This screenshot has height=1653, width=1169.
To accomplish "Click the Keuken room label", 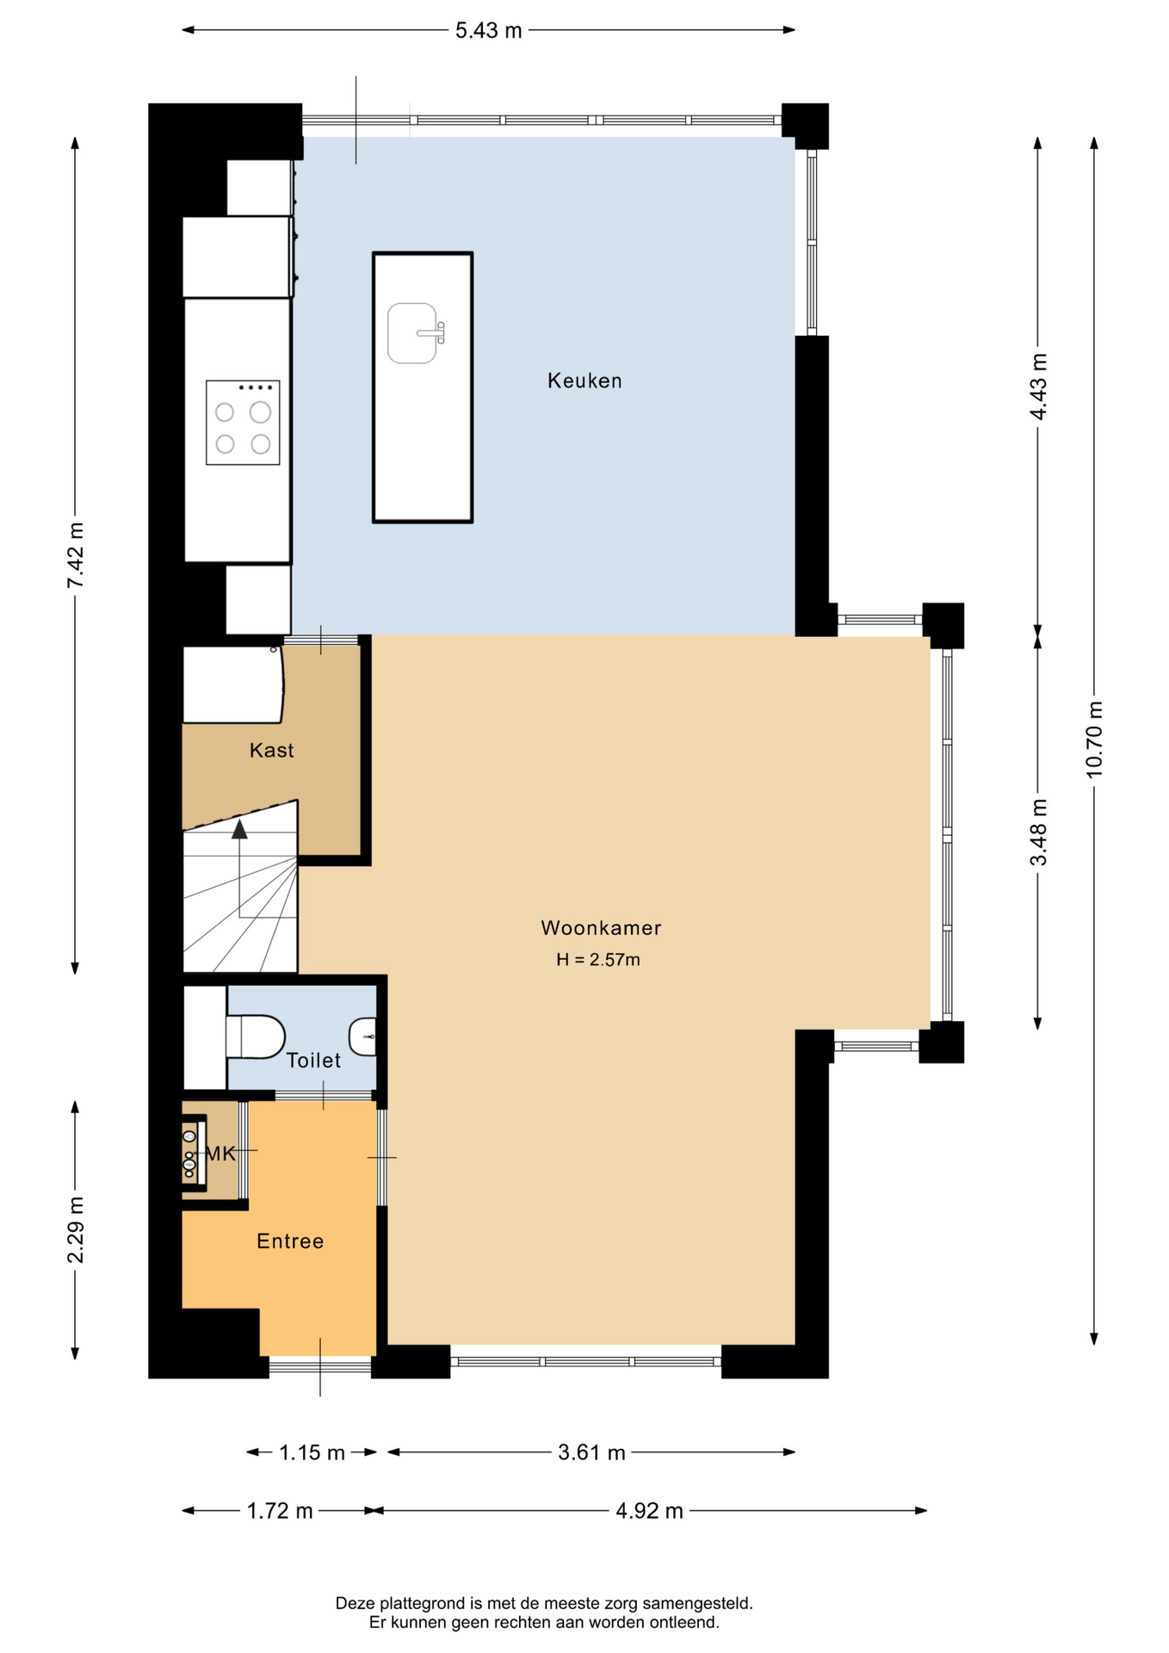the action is click(x=584, y=381).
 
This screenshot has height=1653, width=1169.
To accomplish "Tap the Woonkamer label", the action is click(x=601, y=928).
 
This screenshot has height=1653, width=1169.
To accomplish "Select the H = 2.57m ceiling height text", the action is click(x=598, y=960).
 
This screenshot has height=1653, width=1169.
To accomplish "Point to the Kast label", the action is click(x=271, y=751).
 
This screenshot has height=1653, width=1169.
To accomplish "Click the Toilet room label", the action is click(x=313, y=1061).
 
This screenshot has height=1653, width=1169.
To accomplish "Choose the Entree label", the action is click(x=290, y=1241).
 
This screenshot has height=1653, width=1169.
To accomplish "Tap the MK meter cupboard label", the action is click(x=220, y=1154).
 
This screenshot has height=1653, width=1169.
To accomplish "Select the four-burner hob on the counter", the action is click(x=243, y=423).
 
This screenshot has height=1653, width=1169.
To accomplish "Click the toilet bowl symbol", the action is click(x=256, y=1037).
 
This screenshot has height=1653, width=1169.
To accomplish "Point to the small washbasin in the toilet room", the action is click(x=363, y=1037).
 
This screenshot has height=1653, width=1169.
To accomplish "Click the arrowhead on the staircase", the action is click(x=239, y=829).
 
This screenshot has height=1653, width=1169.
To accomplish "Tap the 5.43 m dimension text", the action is click(x=488, y=31).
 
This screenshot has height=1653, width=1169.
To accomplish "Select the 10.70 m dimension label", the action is click(x=1094, y=740).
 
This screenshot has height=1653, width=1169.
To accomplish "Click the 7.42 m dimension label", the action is click(x=76, y=555).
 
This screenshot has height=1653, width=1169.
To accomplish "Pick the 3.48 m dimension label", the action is click(x=1039, y=833).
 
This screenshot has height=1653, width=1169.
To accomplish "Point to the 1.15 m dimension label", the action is click(x=312, y=1453).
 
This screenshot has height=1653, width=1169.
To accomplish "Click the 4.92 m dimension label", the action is click(x=649, y=1511).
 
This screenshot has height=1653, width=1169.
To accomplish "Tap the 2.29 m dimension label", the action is click(x=76, y=1230).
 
